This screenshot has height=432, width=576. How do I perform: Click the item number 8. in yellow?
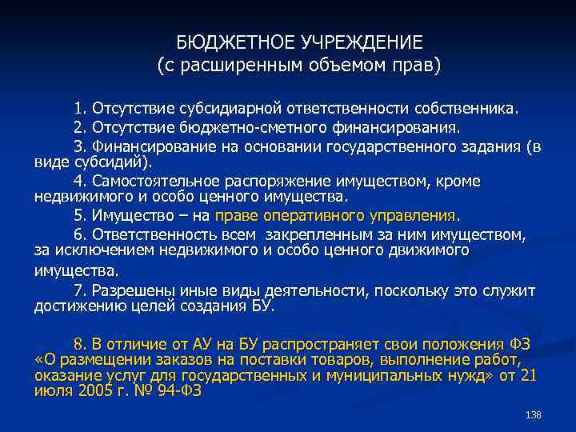click(79, 343)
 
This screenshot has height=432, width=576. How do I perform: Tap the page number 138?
click(534, 415)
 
